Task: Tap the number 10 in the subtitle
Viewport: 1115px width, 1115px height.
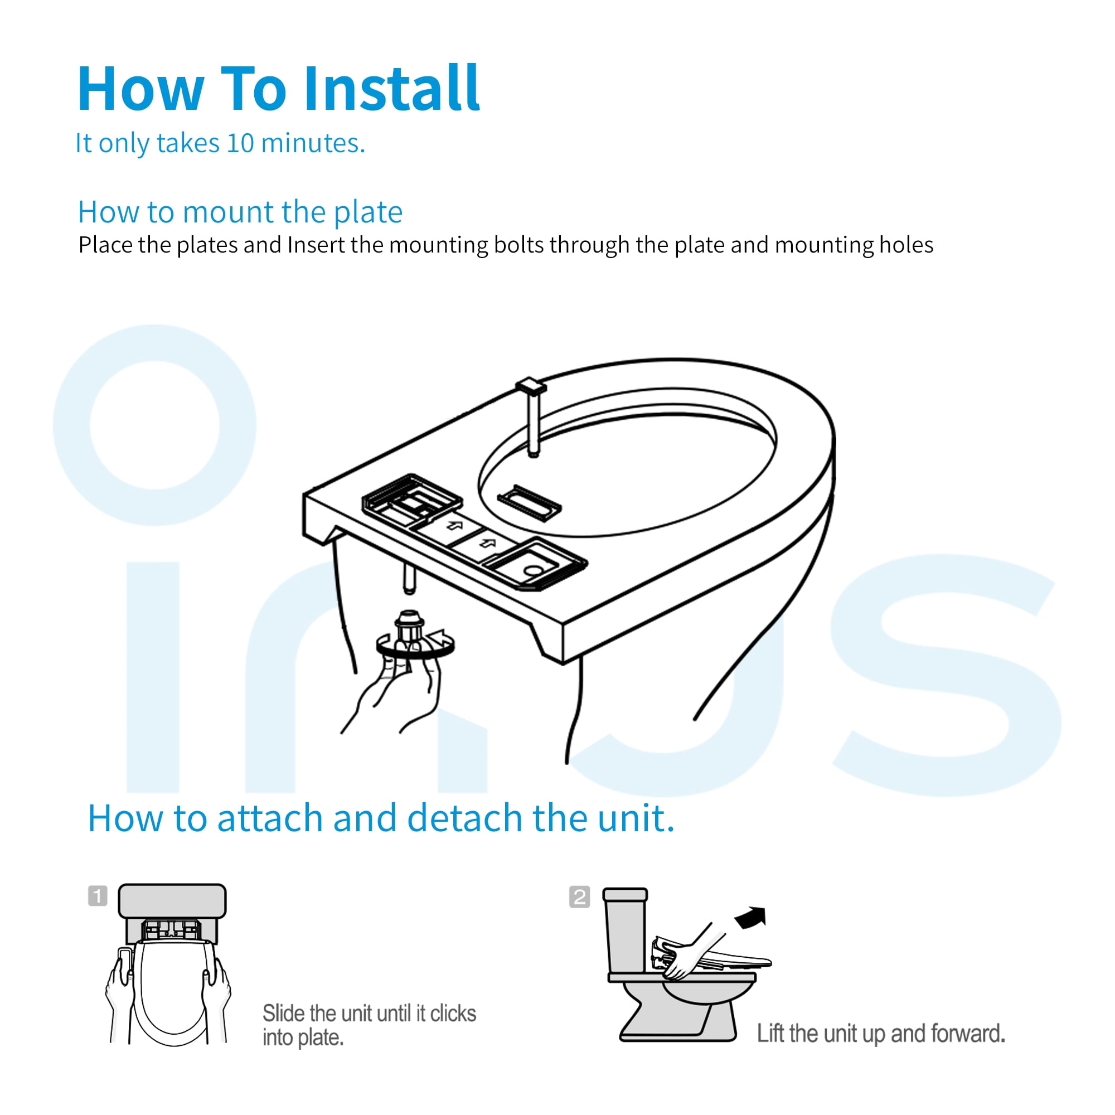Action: pyautogui.click(x=240, y=143)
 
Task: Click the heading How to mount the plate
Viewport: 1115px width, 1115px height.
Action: pyautogui.click(x=240, y=212)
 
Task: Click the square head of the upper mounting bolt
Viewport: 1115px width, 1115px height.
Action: pyautogui.click(x=531, y=386)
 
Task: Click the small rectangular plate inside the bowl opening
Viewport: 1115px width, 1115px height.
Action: pyautogui.click(x=529, y=502)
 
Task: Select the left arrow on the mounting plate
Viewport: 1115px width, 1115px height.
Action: pyautogui.click(x=455, y=525)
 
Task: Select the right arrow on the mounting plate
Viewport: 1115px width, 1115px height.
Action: pyautogui.click(x=488, y=543)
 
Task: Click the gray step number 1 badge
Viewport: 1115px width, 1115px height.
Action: pyautogui.click(x=98, y=896)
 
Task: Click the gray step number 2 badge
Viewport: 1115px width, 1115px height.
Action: pyautogui.click(x=579, y=897)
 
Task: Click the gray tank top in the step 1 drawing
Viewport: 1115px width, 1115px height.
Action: pyautogui.click(x=172, y=900)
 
